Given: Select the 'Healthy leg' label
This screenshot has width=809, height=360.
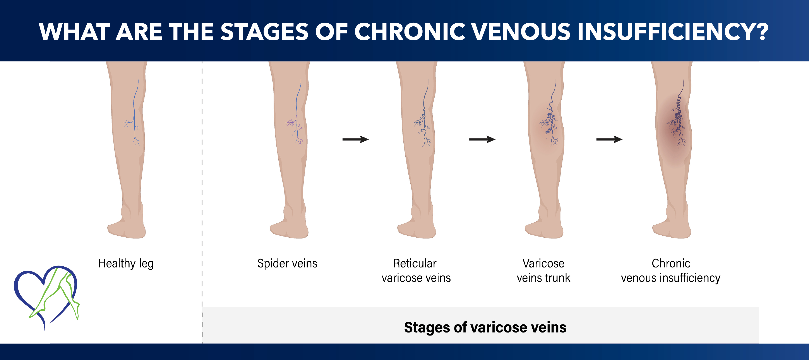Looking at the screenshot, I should coord(126,263).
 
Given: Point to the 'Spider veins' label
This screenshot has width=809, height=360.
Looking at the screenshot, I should coord(287,263).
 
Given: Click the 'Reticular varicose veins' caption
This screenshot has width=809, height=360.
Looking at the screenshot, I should coord(416,271).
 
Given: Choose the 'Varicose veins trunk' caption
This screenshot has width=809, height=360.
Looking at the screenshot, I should coord(543,271).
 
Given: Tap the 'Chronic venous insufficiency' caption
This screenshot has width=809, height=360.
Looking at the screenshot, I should coord(670,271).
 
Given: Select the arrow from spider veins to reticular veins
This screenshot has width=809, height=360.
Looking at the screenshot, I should coord(355,139).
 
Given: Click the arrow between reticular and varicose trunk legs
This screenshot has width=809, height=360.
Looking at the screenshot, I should coord(482,139).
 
